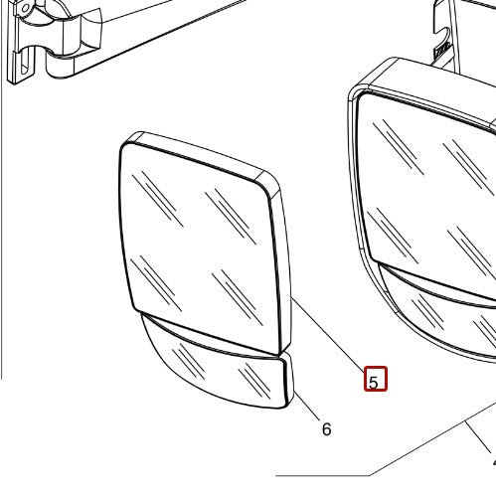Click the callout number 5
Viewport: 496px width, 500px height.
pyautogui.click(x=373, y=383)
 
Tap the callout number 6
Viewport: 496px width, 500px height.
pyautogui.click(x=326, y=429)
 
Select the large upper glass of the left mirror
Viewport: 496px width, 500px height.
pyautogui.click(x=201, y=247)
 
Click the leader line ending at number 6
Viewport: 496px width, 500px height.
pyautogui.click(x=306, y=406)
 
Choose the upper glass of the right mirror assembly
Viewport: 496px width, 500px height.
pyautogui.click(x=427, y=186)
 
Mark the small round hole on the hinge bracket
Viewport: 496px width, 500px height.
pyautogui.click(x=26, y=9)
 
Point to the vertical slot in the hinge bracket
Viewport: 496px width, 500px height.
pyautogui.click(x=24, y=64)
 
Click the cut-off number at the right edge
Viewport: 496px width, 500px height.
pyautogui.click(x=494, y=463)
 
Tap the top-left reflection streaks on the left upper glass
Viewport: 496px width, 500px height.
pyautogui.click(x=157, y=198)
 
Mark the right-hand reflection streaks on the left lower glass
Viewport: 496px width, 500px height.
pyautogui.click(x=254, y=380)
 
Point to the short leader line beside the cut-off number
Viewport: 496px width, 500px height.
pyautogui.click(x=479, y=438)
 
